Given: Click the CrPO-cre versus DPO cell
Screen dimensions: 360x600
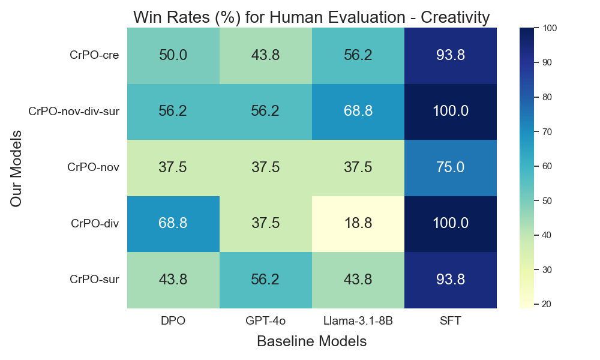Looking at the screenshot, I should [173, 55].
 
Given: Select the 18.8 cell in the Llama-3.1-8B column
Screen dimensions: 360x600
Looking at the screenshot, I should [358, 224].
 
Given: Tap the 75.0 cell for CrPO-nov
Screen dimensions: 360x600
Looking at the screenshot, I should [450, 167].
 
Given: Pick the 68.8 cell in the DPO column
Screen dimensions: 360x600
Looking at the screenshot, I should [173, 224].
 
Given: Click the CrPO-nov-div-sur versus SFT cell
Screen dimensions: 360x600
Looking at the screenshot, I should [450, 112].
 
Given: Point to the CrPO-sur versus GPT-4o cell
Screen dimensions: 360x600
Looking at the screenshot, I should [265, 280].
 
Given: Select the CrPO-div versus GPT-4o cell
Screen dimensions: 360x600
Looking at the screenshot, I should [265, 224].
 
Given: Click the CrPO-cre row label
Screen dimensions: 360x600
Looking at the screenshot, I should [94, 56].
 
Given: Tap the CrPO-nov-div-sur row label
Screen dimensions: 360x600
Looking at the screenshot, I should [74, 112].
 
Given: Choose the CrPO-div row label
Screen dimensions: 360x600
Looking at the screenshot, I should [95, 224].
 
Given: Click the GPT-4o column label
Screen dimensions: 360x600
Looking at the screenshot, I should [265, 321].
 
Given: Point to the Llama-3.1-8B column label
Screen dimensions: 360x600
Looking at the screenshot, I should [358, 321].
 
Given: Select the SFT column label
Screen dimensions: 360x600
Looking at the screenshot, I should [450, 321].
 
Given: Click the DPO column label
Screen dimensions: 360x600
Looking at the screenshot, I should [173, 321].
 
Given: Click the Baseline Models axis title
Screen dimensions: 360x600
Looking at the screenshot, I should [311, 341].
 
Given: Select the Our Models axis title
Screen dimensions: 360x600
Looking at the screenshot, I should [16, 168].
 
